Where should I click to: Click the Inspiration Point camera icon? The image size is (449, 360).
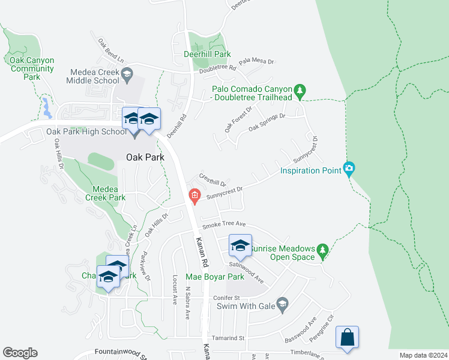(349, 169)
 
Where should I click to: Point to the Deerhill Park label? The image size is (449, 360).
(207, 54)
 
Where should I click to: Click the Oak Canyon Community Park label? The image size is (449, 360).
(32, 68)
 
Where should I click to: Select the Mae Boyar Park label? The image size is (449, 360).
(215, 277)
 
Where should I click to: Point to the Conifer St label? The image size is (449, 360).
(226, 298)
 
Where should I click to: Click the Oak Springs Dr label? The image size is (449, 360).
(267, 122)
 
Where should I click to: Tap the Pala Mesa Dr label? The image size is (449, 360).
(256, 61)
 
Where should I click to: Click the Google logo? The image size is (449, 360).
(20, 353)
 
